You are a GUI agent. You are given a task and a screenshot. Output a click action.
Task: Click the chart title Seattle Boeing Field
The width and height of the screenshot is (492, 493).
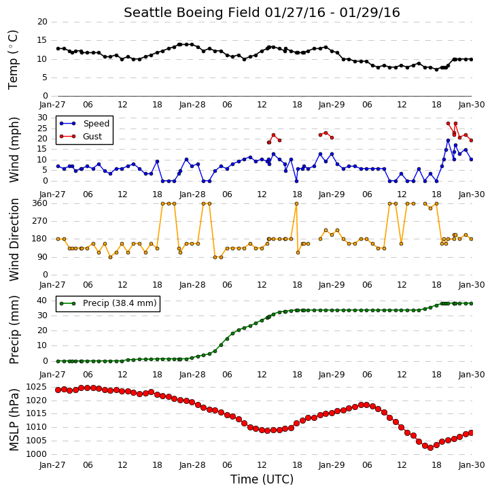coord(192,12)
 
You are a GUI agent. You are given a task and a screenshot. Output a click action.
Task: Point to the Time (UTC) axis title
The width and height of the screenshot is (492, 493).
coord(262,479)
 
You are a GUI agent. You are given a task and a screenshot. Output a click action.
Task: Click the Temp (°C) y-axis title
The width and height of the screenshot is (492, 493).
coord(13,60)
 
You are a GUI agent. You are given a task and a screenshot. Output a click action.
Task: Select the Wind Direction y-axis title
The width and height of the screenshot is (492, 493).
coord(14,239)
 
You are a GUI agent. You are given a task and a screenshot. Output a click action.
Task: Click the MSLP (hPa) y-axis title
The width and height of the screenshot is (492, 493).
coord(14,420)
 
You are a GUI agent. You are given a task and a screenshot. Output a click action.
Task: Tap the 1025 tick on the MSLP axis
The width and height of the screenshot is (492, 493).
coord(36,387)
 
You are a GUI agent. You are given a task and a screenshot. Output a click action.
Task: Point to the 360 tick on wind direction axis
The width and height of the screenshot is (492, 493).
coord(40,203)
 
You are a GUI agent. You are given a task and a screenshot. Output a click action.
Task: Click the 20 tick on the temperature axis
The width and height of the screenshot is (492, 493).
coord(42,22)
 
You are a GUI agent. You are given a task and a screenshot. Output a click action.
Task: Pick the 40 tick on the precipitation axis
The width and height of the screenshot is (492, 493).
coord(42,301)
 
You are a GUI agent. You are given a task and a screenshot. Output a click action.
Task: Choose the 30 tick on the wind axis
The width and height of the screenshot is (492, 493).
coord(42,118)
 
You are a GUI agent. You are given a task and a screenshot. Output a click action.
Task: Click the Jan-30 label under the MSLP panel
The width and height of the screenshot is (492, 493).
coord(472,464)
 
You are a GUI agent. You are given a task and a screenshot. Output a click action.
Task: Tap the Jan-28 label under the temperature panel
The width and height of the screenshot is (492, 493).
coord(192,105)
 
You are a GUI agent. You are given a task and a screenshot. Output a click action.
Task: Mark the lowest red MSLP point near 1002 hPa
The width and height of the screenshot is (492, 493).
coord(430,447)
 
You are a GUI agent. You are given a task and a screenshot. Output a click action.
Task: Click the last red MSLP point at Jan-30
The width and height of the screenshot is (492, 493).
coord(471,433)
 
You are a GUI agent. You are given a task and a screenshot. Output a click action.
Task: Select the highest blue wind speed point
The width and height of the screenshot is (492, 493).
coord(448,141)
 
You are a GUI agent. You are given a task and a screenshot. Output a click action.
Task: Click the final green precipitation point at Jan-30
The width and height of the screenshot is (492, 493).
coord(471,303)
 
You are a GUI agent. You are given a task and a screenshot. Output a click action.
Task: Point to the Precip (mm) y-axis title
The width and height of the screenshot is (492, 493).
coord(14,330)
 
